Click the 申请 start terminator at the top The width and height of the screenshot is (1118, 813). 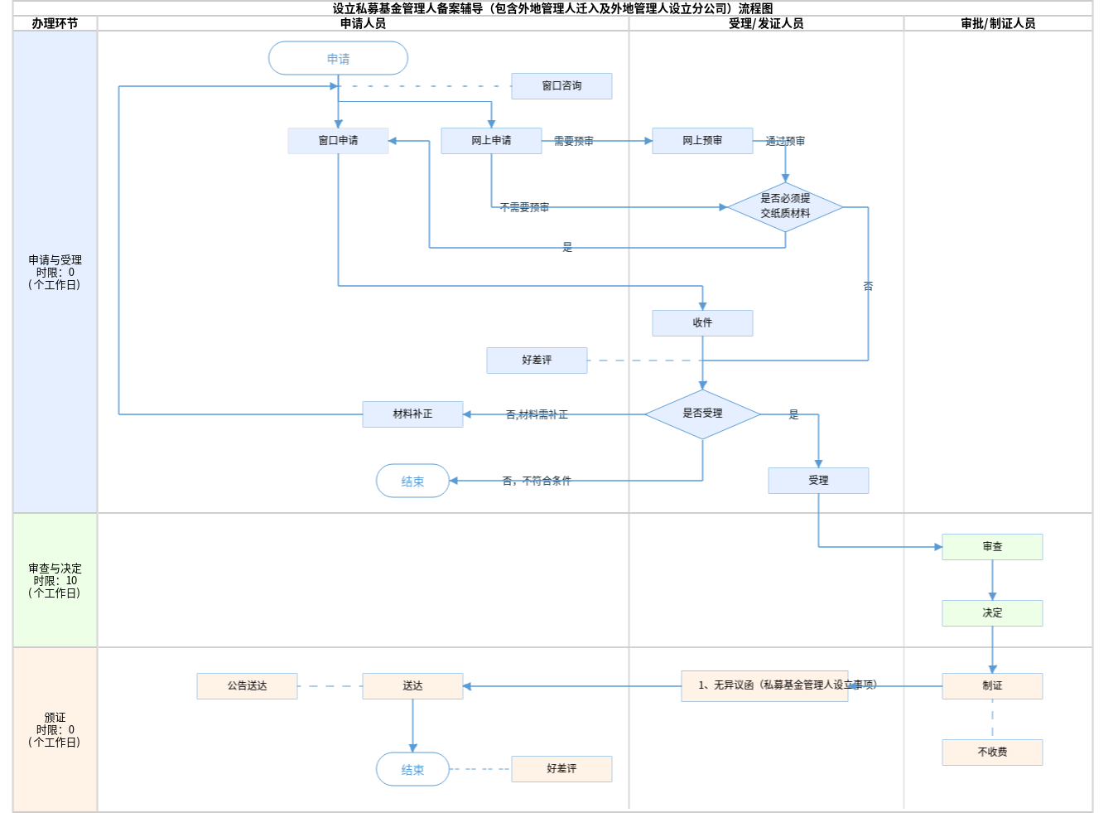click(x=338, y=59)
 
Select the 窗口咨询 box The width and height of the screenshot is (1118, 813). click(x=561, y=86)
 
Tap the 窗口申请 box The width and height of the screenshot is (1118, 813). click(x=338, y=141)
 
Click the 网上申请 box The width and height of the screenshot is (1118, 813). click(x=491, y=141)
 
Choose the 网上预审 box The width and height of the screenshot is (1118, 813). click(x=702, y=141)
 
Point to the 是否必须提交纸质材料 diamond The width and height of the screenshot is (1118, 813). click(x=785, y=206)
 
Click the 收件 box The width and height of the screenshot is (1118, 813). click(x=702, y=323)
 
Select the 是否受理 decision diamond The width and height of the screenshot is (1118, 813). click(x=702, y=414)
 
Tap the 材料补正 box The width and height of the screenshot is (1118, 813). click(x=412, y=414)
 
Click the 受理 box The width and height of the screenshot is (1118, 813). click(x=818, y=481)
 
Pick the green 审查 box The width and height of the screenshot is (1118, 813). click(x=992, y=547)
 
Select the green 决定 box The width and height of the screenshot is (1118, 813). click(x=992, y=613)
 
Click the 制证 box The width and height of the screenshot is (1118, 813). click(x=992, y=686)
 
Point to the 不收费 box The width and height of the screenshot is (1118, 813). click(x=992, y=753)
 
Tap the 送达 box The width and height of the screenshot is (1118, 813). click(x=412, y=686)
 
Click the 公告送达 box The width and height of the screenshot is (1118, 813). click(x=247, y=686)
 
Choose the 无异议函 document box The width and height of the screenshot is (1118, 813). click(x=764, y=686)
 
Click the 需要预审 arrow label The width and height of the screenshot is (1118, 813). click(x=573, y=142)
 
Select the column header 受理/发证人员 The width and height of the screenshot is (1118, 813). click(x=766, y=24)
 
